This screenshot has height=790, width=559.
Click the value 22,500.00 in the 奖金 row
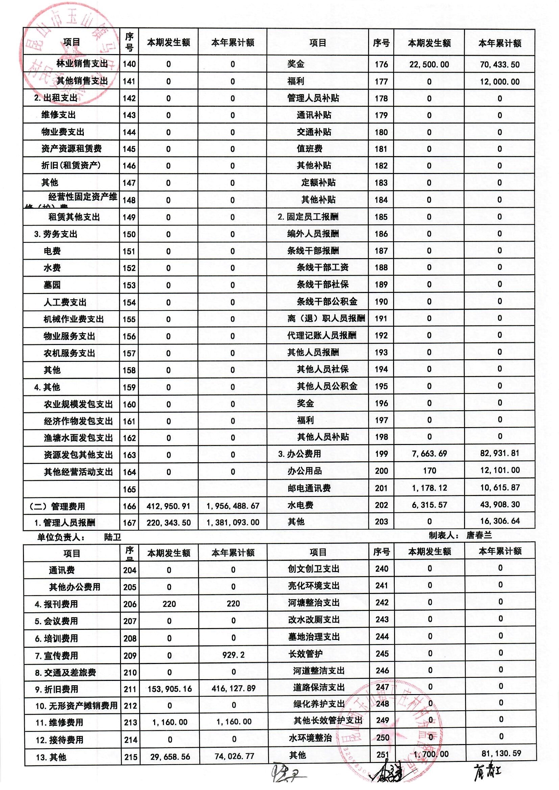[429, 64]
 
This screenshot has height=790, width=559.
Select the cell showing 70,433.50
[500, 64]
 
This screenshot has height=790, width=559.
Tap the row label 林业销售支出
[82, 64]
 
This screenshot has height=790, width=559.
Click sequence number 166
[129, 506]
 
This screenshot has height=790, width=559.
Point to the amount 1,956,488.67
[233, 506]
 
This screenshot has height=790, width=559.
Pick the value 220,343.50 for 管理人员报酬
[169, 523]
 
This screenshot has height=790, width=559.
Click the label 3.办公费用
[299, 454]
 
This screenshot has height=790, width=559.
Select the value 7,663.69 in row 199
[429, 453]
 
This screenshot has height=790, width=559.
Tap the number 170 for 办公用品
[429, 470]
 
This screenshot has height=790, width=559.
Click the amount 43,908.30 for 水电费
[500, 504]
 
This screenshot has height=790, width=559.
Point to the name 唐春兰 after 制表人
[479, 535]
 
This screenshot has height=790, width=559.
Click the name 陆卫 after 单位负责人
[113, 537]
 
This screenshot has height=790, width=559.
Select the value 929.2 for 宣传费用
[234, 655]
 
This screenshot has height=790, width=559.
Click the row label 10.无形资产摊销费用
[76, 706]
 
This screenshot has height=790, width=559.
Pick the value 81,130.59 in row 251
[501, 753]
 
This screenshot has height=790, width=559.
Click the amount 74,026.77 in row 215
[234, 756]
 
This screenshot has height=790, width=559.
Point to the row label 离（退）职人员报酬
[326, 318]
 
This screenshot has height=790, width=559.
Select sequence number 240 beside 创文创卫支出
[382, 569]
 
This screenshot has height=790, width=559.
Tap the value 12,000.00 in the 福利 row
[500, 81]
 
